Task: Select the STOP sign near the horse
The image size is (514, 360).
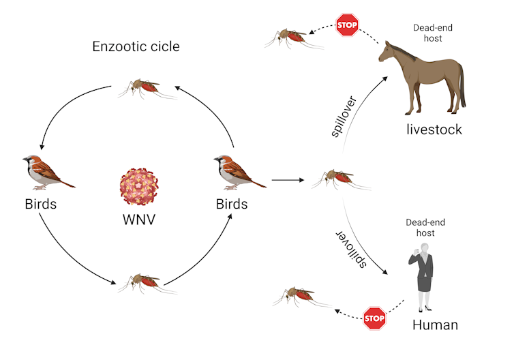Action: pyautogui.click(x=347, y=25)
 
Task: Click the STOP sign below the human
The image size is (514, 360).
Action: pyautogui.click(x=374, y=318)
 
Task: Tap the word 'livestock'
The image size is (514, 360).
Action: pyautogui.click(x=434, y=129)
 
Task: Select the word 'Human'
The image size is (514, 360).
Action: pyautogui.click(x=435, y=325)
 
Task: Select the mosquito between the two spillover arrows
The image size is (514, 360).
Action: pyautogui.click(x=340, y=179)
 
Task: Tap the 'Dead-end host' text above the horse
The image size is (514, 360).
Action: pyautogui.click(x=433, y=33)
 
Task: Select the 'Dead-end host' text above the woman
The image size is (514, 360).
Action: pyautogui.click(x=420, y=228)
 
